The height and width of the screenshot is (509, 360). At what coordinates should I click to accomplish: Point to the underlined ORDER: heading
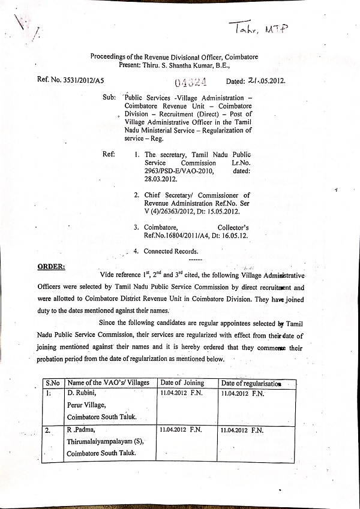pos(52,266)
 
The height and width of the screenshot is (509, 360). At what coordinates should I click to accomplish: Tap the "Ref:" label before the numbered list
pos(109,154)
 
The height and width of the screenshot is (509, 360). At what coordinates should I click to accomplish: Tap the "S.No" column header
pos(53,383)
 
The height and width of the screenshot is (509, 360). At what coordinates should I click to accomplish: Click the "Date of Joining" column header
pos(183,383)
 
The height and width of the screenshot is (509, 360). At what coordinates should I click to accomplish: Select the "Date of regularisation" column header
pos(250,384)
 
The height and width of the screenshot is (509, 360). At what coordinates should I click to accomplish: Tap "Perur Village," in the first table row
pos(88,405)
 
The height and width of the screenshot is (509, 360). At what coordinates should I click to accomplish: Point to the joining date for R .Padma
pos(181,430)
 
